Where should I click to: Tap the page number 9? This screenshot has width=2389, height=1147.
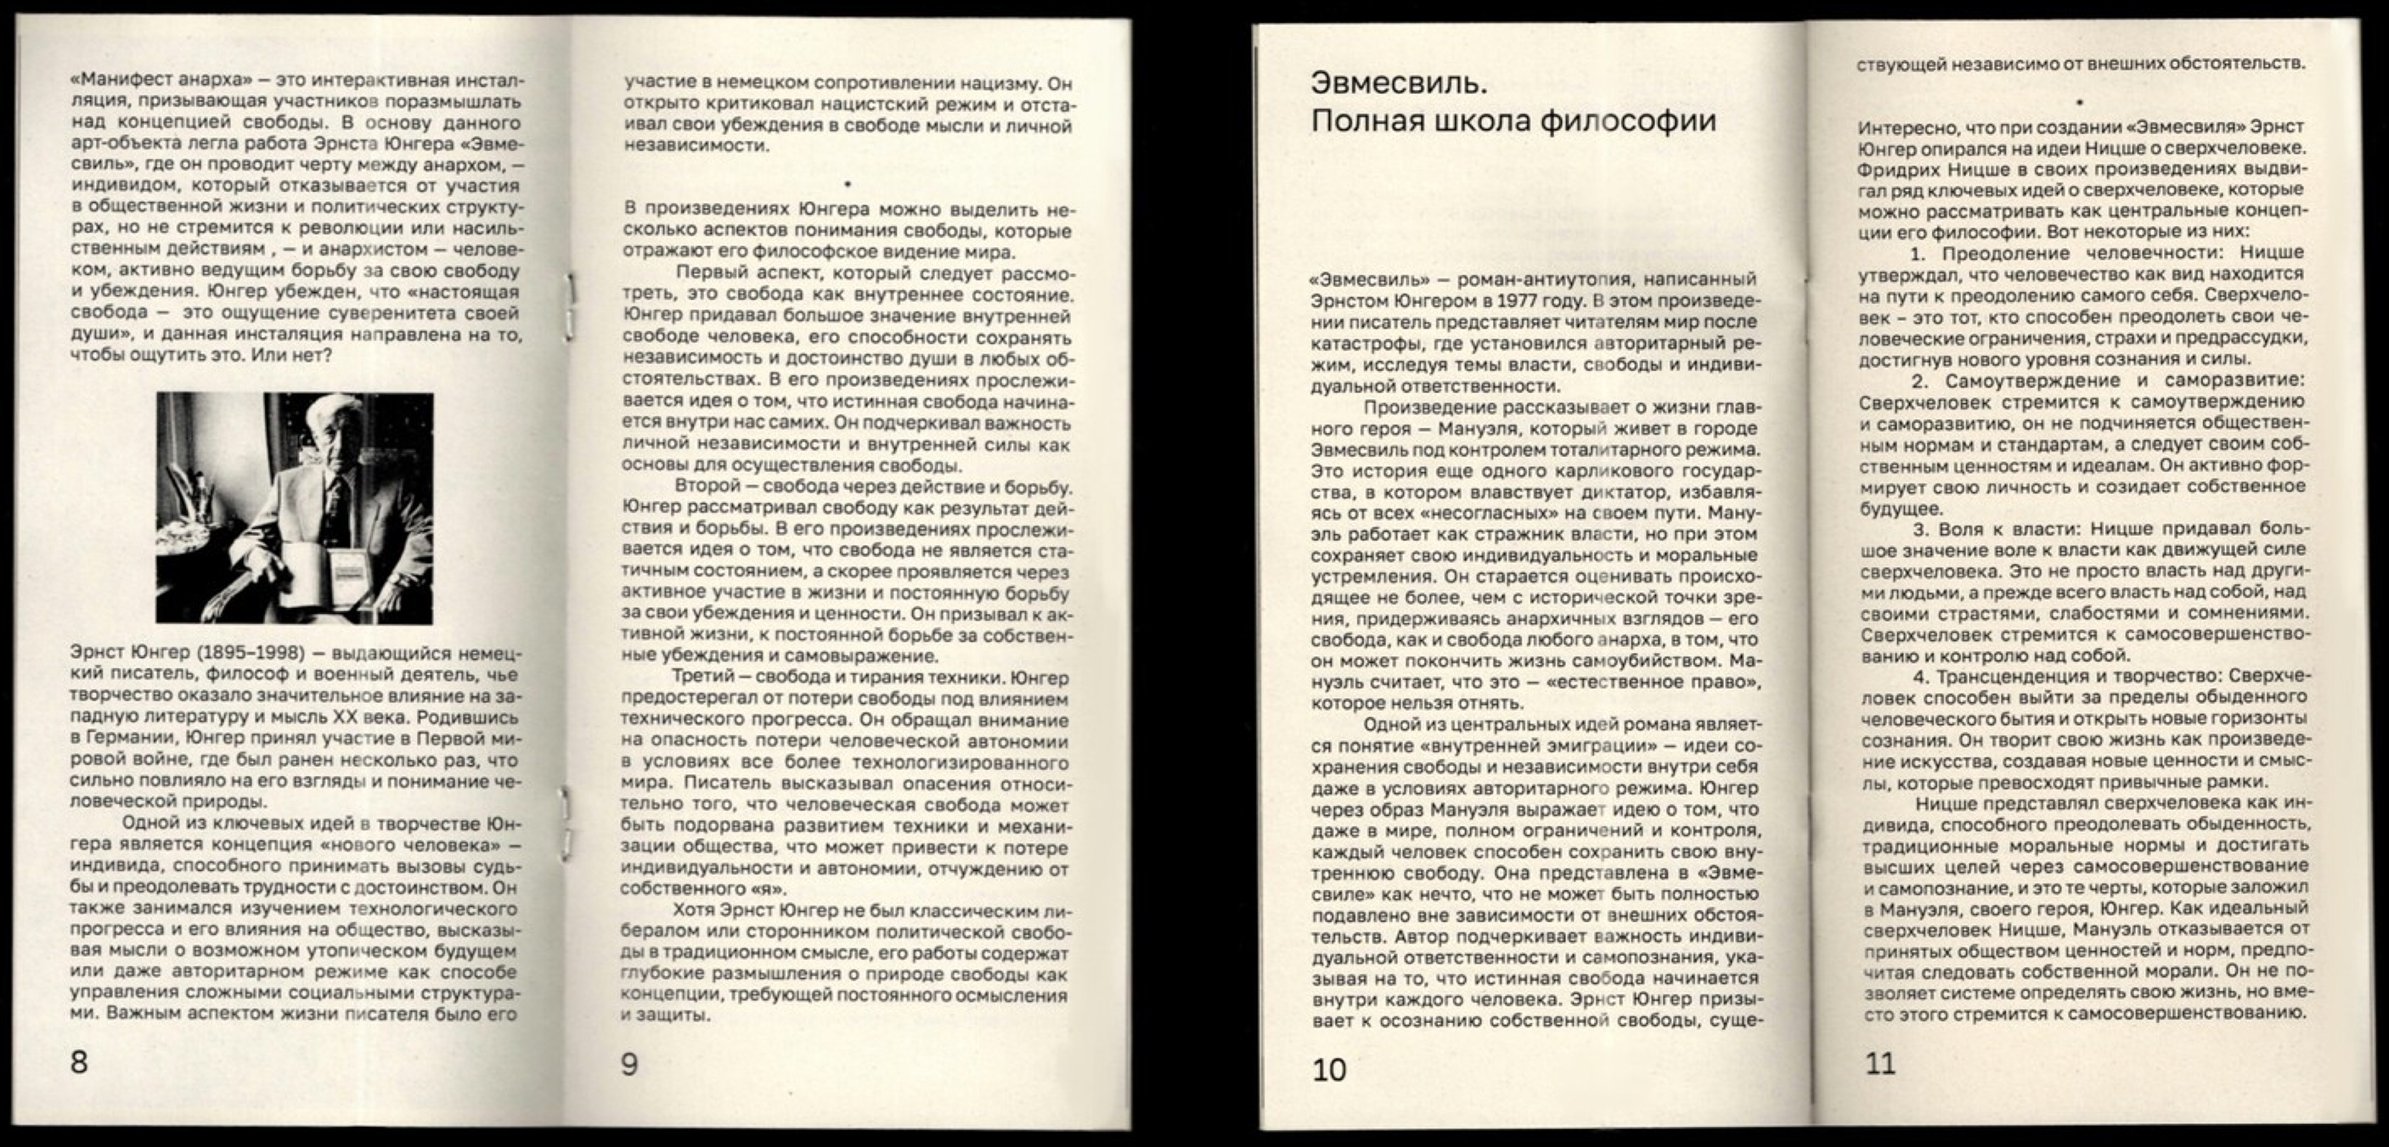click(x=629, y=1064)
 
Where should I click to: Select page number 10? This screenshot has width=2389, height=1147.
click(x=1329, y=1070)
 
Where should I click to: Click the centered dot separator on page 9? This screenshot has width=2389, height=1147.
click(x=848, y=185)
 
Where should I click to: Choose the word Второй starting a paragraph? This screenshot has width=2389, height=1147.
click(x=707, y=486)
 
